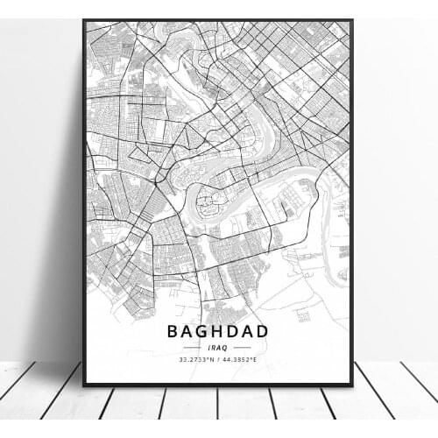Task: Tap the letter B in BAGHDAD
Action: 173,334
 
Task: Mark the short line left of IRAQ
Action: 194,348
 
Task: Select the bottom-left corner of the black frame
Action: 84,385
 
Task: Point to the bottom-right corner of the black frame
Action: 351,385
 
